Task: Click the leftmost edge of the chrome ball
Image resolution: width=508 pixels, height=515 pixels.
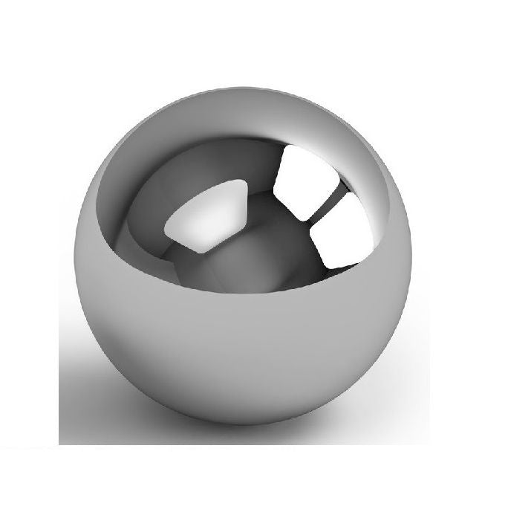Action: coord(76,256)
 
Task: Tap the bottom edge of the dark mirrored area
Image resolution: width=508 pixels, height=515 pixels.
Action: coord(245,291)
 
